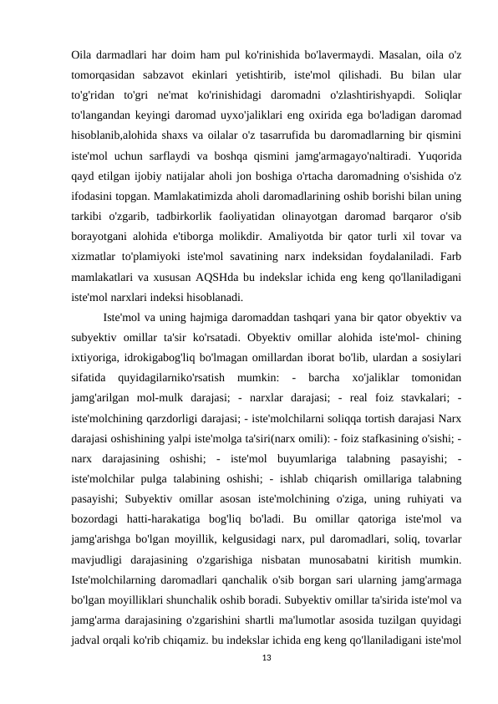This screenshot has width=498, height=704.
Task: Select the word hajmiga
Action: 205,317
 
